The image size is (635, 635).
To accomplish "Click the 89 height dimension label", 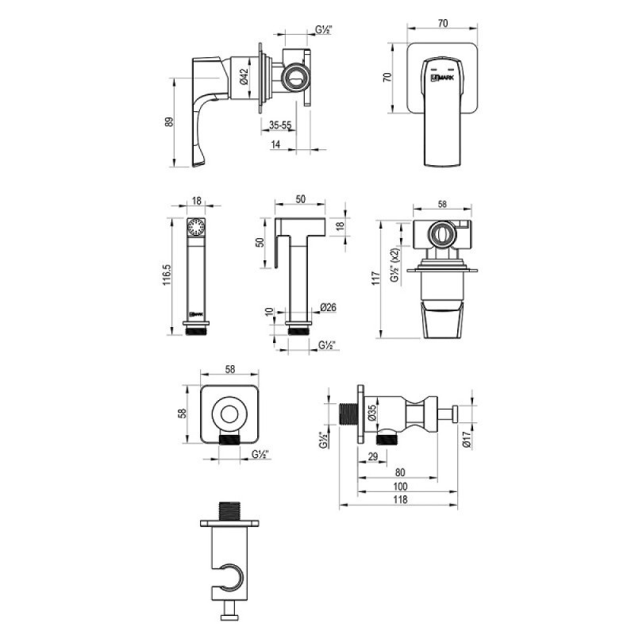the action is tap(169, 122).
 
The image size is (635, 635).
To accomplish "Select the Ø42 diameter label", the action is tap(244, 76).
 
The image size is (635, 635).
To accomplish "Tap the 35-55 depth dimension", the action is tap(280, 125).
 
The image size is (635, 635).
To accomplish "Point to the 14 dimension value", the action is tap(275, 144).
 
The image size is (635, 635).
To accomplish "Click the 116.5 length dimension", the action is tap(167, 275).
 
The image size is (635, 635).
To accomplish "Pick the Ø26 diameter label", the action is tap(328, 308).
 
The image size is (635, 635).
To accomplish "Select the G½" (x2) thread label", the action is tap(394, 265).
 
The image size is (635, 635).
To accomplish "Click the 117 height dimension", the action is tap(376, 279).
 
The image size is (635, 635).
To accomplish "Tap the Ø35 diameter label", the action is tap(372, 413).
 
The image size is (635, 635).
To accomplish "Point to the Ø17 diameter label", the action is tap(467, 440).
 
